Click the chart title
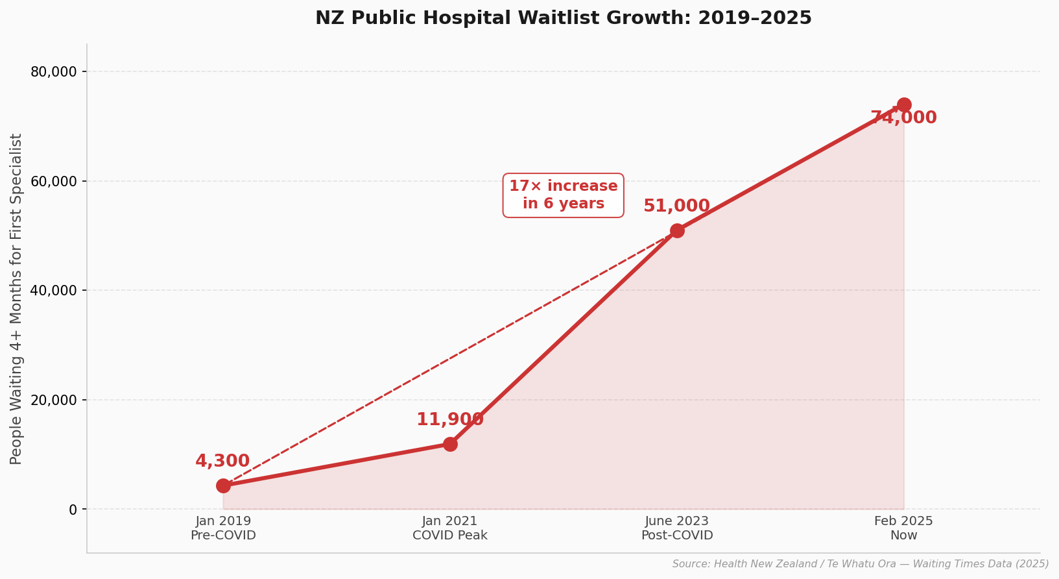pyautogui.click(x=563, y=18)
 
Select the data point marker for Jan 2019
pyautogui.click(x=223, y=486)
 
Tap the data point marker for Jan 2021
pyautogui.click(x=450, y=444)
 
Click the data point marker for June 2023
pyautogui.click(x=677, y=230)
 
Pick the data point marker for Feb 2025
pyautogui.click(x=904, y=105)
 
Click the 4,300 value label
pyautogui.click(x=222, y=462)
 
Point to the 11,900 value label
pyautogui.click(x=450, y=420)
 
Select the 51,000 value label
pyautogui.click(x=676, y=206)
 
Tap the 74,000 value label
pyautogui.click(x=903, y=118)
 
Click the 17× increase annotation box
pyautogui.click(x=563, y=195)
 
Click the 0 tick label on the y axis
pyautogui.click(x=73, y=510)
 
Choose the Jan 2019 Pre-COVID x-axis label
pyautogui.click(x=223, y=528)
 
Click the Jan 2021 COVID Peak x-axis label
pyautogui.click(x=450, y=528)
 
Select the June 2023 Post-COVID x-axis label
pyautogui.click(x=677, y=528)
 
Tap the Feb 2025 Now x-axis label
pyautogui.click(x=904, y=528)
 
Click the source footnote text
pyautogui.click(x=860, y=564)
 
